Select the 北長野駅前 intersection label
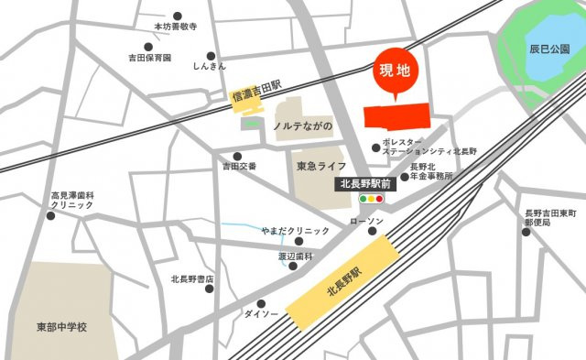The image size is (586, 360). (364, 183)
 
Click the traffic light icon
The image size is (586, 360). (373, 198)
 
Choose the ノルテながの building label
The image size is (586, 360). (303, 125)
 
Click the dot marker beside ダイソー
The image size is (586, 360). (262, 303)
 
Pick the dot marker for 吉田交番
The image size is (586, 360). (238, 156)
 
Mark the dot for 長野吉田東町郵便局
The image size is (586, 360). (526, 232)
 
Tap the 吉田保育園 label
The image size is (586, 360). (150, 58)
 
